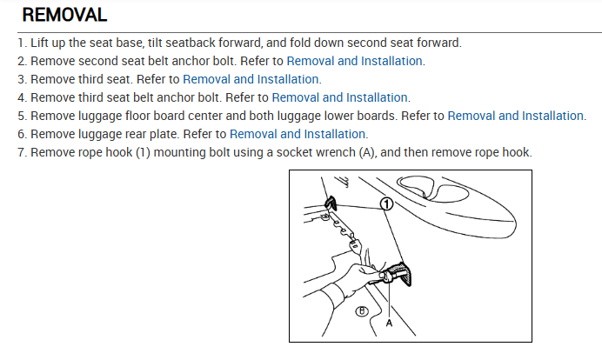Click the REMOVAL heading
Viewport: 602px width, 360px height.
pyautogui.click(x=64, y=15)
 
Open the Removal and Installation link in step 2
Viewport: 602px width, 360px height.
pyautogui.click(x=354, y=61)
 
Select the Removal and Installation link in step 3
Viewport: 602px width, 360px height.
pyautogui.click(x=251, y=79)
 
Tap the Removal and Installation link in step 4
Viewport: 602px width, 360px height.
pyautogui.click(x=340, y=97)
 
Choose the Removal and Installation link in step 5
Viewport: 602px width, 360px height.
pyautogui.click(x=516, y=116)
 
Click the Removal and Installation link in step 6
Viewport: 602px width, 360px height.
pyautogui.click(x=298, y=134)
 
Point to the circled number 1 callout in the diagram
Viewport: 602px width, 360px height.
pyautogui.click(x=386, y=203)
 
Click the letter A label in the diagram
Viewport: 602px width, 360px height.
pyautogui.click(x=389, y=323)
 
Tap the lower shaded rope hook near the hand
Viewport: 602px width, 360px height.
pyautogui.click(x=399, y=274)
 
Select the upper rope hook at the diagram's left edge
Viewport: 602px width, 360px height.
pyautogui.click(x=331, y=203)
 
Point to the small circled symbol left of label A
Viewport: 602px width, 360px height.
pyautogui.click(x=361, y=311)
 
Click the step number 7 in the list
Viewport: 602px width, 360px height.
pyautogui.click(x=21, y=152)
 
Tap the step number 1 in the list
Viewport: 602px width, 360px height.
pyautogui.click(x=21, y=43)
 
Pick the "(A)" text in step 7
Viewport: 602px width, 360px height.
pyautogui.click(x=366, y=152)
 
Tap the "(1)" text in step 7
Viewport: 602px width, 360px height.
pyautogui.click(x=143, y=152)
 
